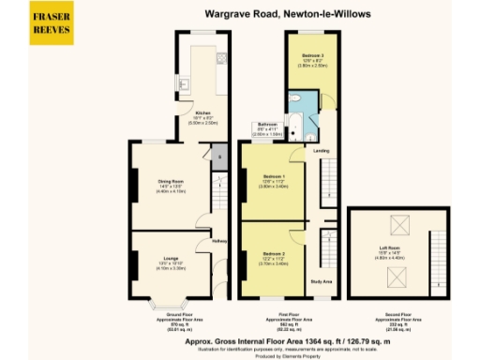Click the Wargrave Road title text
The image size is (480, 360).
263,14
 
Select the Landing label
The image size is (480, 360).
320,150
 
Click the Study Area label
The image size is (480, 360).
322,278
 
